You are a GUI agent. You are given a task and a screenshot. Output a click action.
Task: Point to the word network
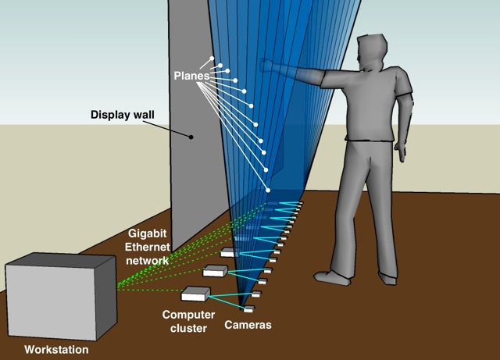(148, 259)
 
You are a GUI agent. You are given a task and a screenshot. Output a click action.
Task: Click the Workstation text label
(56, 350)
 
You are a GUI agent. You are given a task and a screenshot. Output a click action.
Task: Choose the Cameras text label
(248, 324)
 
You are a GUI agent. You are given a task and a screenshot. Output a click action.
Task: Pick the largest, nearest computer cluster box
(195, 294)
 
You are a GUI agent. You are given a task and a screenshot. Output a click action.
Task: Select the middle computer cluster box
(215, 270)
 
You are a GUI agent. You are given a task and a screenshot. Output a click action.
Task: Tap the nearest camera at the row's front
(248, 309)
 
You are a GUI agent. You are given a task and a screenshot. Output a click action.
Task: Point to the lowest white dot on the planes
(268, 191)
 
